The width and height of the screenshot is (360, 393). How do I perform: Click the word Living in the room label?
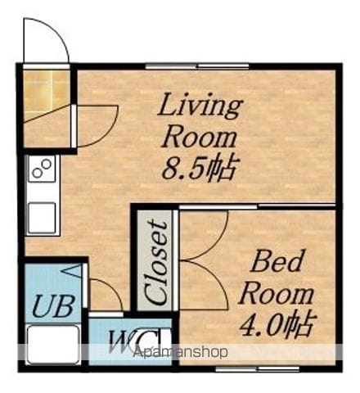click(200, 108)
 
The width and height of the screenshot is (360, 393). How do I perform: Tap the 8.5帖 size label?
click(199, 169)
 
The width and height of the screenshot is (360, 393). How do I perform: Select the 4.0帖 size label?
click(277, 324)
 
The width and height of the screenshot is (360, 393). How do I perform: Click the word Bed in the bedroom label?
click(277, 261)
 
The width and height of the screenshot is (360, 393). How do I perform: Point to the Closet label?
click(155, 262)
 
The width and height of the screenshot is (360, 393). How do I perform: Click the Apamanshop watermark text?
click(180, 352)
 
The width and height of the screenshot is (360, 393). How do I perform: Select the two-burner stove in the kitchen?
click(42, 169)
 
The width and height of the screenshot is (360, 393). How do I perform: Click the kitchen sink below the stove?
click(43, 219)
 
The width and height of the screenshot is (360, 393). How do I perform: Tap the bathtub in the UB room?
click(53, 345)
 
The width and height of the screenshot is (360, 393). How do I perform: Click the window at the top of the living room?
click(197, 65)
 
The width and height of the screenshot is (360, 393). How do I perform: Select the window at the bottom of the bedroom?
click(258, 369)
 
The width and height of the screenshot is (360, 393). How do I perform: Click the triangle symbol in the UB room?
click(71, 272)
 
